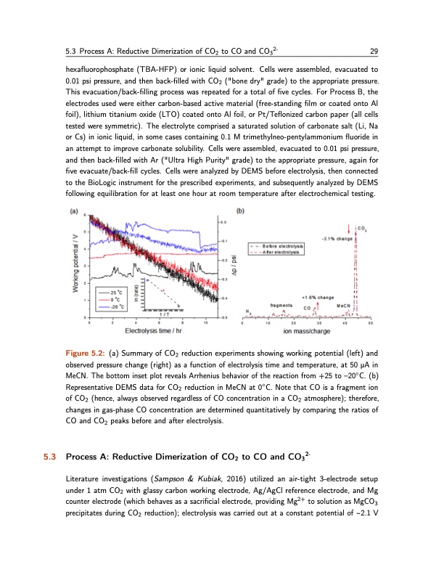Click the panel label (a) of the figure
point(75,212)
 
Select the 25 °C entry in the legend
point(105,292)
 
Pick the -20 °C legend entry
point(106,306)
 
